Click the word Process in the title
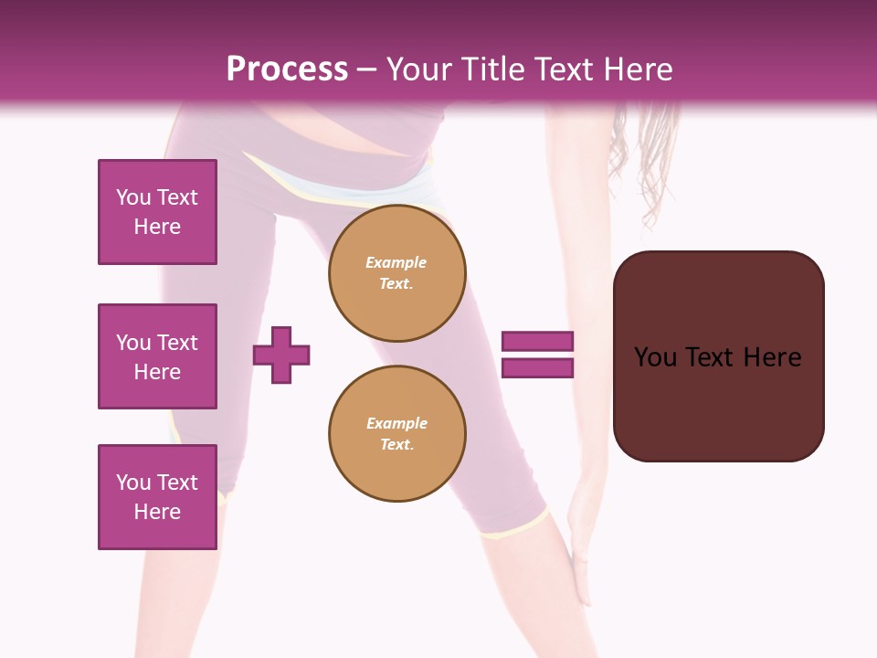coord(287,69)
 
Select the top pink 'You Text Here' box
coord(157,212)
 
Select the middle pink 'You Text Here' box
coord(157,356)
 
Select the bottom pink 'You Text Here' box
coord(157,497)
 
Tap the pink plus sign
coord(281,355)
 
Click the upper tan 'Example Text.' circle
coord(397,273)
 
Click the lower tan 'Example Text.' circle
coord(397,434)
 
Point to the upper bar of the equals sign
coord(537,342)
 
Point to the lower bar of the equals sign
coord(537,368)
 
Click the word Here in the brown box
coord(772,357)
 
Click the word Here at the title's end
coord(639,69)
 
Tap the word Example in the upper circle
coord(396,262)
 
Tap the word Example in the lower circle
coord(396,423)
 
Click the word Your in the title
coord(419,69)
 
